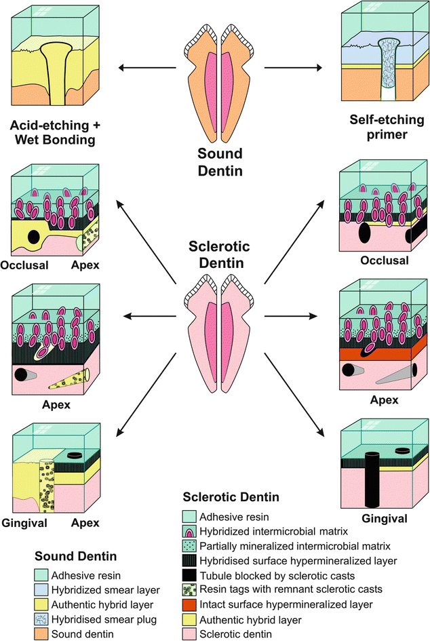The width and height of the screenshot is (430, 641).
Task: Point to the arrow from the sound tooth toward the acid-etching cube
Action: pos(146,67)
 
